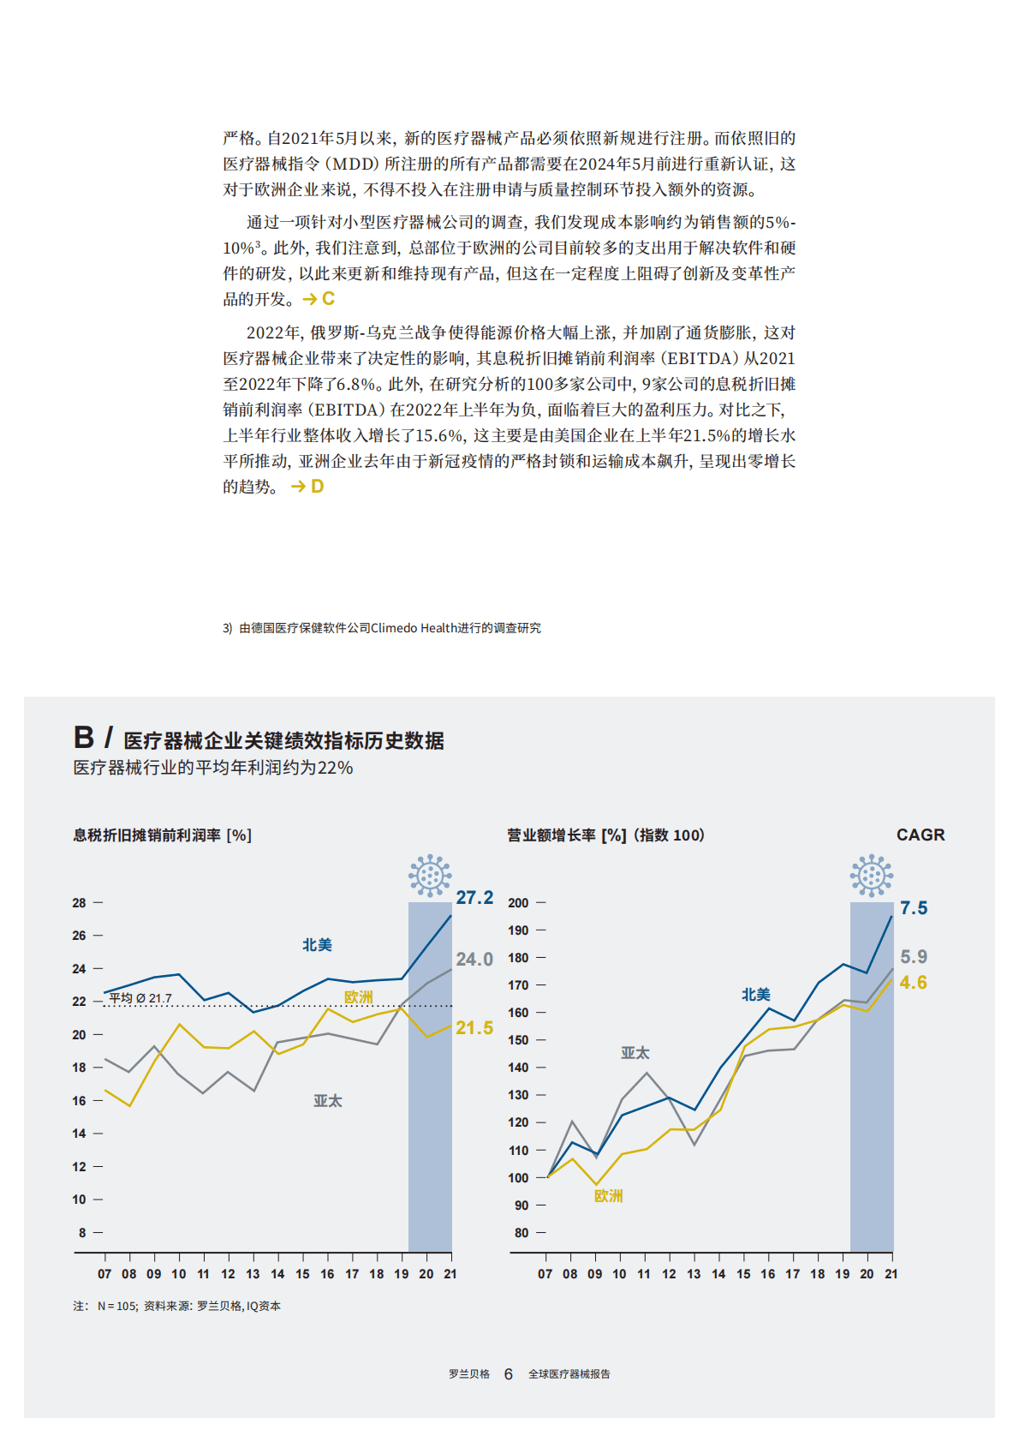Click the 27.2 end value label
(474, 897)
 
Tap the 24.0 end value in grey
(474, 959)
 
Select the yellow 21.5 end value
(474, 1027)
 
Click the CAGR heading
(921, 835)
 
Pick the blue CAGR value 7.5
(914, 907)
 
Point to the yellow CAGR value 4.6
(914, 982)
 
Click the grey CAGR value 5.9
(914, 956)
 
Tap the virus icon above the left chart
(430, 875)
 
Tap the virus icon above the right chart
(872, 875)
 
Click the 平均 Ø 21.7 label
(140, 998)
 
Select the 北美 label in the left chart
(317, 944)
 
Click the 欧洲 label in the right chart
(608, 1195)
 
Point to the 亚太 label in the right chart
(635, 1052)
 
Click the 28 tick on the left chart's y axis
(79, 902)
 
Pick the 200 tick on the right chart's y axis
(518, 902)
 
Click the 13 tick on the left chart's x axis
(253, 1274)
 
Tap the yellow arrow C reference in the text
(319, 298)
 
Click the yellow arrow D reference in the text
(307, 486)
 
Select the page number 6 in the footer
(508, 1373)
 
